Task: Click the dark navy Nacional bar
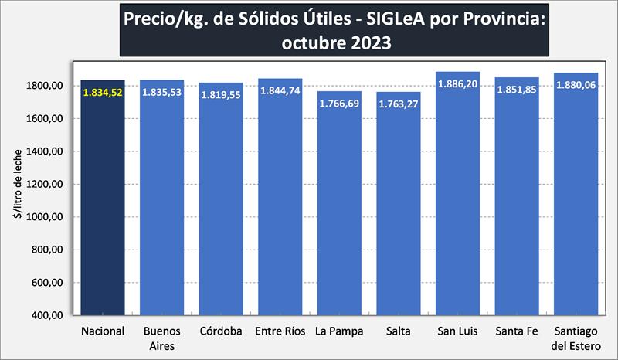tap(103, 209)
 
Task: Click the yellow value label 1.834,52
tap(103, 92)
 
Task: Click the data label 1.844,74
tap(280, 91)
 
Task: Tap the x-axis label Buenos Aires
tap(162, 338)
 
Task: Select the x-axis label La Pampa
tap(339, 332)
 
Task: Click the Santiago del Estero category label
tap(576, 338)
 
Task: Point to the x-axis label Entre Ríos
tap(280, 332)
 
